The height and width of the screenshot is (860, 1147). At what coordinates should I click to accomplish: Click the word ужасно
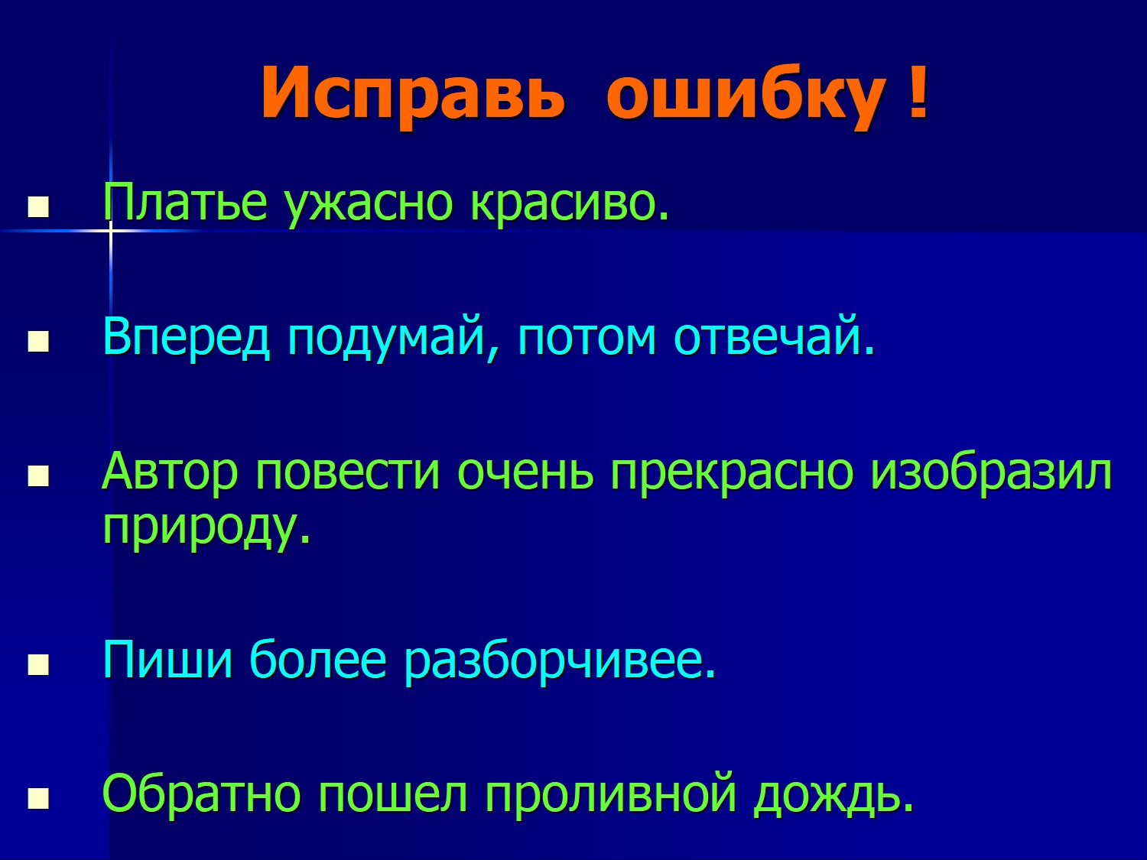tap(369, 206)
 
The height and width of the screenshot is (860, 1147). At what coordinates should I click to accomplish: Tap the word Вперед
tap(187, 337)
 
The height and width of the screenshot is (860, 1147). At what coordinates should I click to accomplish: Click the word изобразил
tap(991, 472)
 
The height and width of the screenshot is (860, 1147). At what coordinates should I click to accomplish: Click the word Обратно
tap(202, 793)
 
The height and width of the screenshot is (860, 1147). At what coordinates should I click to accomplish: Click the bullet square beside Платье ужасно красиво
tap(38, 206)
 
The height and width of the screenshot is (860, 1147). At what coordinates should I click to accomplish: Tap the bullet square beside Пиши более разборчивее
tap(38, 665)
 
